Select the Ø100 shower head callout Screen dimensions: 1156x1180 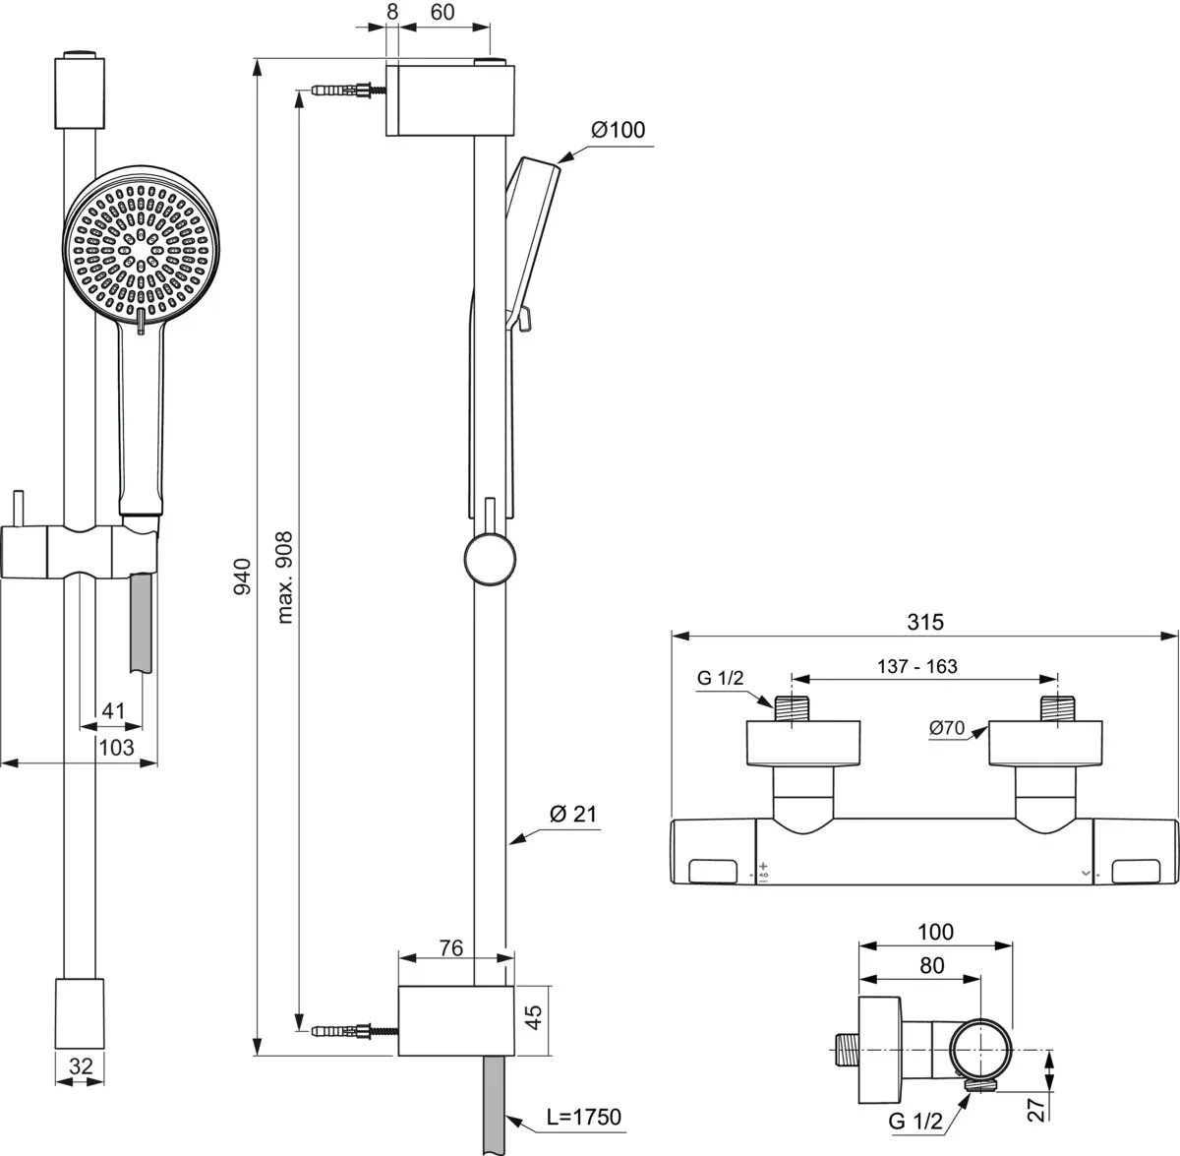pyautogui.click(x=618, y=130)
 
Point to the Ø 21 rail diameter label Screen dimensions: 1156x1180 pyautogui.click(x=573, y=814)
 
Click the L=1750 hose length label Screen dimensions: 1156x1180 pyautogui.click(x=584, y=1117)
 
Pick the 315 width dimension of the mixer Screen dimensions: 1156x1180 pyautogui.click(x=924, y=622)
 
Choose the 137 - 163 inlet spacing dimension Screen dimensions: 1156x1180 pyautogui.click(x=916, y=666)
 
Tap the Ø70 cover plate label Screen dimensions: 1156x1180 pyautogui.click(x=946, y=728)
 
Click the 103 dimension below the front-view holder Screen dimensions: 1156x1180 pyautogui.click(x=116, y=748)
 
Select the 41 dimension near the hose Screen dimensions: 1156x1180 pyautogui.click(x=114, y=710)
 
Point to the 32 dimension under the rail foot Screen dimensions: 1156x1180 pyautogui.click(x=81, y=1065)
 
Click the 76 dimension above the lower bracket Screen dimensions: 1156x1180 pyautogui.click(x=450, y=947)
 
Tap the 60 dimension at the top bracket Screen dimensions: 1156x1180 pyautogui.click(x=442, y=13)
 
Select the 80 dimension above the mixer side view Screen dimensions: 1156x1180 pyautogui.click(x=931, y=965)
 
